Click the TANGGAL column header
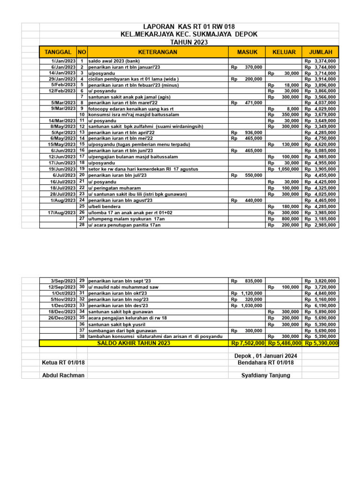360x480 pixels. pos(58,52)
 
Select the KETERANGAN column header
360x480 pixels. pos(157,52)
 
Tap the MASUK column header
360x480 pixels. pos(247,52)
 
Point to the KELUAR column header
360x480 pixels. pos(283,52)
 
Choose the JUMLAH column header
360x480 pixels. pos(320,52)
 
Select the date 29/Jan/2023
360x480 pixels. pos(63,79)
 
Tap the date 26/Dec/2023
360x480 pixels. pos(63,317)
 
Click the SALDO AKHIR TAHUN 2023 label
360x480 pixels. pos(134,343)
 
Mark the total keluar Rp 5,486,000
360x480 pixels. pos(284,344)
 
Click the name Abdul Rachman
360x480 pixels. pos(63,375)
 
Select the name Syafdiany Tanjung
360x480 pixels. pos(265,375)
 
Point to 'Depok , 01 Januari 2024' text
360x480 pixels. pos(266,356)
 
